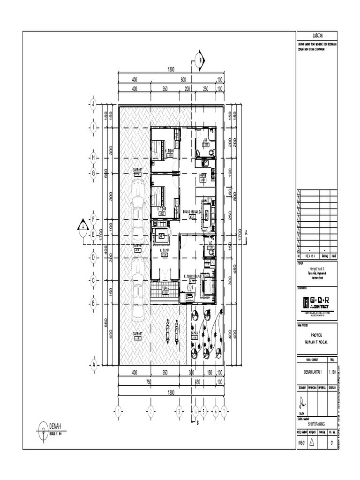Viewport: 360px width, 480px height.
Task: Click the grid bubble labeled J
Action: click(x=93, y=104)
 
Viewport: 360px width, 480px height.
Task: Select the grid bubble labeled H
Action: click(x=93, y=157)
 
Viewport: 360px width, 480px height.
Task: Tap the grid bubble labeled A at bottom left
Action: click(x=93, y=364)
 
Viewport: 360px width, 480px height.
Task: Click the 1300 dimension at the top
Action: click(x=171, y=69)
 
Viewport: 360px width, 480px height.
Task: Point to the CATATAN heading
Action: click(x=317, y=36)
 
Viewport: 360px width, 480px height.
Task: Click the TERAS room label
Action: click(x=165, y=288)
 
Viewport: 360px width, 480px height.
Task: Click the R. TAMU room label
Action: click(x=165, y=250)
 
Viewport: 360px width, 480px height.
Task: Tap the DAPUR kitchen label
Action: click(x=203, y=174)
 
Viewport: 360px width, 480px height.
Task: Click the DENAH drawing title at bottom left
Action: click(x=56, y=426)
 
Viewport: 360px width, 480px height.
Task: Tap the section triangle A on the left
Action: click(x=83, y=226)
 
